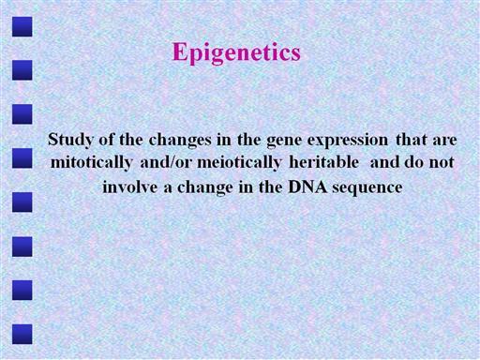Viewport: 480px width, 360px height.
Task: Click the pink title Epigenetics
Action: point(236,52)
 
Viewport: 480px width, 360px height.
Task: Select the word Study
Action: point(70,140)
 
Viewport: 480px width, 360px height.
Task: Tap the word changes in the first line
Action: point(180,141)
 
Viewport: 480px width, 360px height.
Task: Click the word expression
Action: point(348,141)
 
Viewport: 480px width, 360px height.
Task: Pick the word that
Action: point(412,140)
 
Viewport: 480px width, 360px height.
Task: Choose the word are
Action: point(444,141)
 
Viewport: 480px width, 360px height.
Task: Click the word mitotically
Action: point(91,163)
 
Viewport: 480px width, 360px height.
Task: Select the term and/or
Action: point(165,162)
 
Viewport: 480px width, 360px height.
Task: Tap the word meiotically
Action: point(239,163)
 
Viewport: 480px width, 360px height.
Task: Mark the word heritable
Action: point(323,162)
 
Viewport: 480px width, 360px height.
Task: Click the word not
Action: point(442,163)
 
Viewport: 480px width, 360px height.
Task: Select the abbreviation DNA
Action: point(307,187)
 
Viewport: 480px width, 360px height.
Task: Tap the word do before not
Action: point(414,162)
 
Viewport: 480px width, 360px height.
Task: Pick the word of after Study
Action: point(107,140)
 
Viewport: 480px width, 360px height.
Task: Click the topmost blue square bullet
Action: point(22,27)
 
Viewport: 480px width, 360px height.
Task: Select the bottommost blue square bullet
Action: point(22,334)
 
